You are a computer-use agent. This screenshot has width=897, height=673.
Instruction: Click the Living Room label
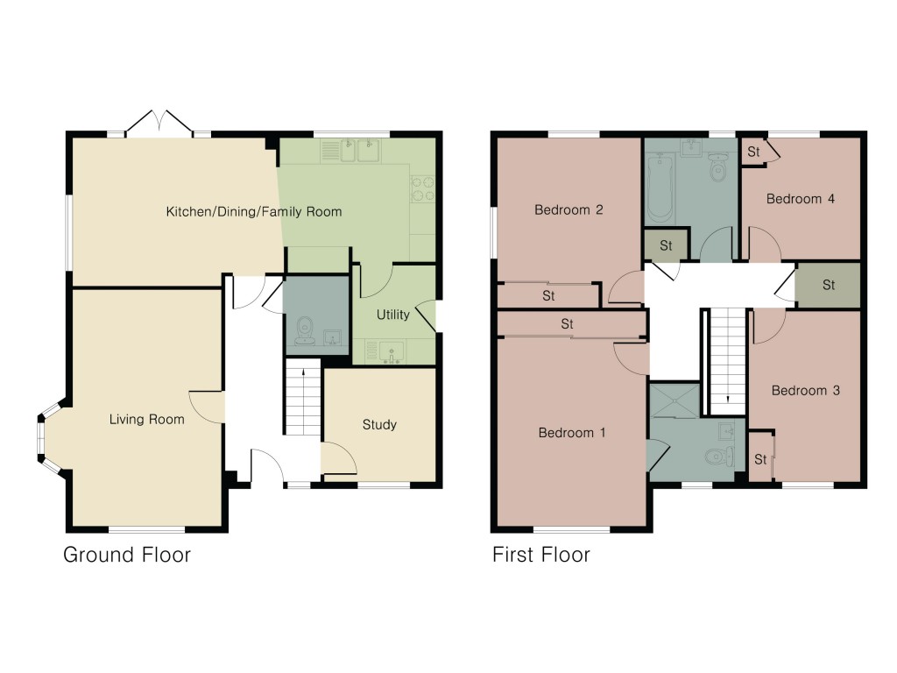146,420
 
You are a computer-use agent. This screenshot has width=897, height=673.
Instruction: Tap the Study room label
379,425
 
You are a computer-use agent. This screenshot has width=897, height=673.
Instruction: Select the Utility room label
392,315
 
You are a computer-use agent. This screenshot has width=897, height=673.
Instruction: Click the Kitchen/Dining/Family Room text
254,212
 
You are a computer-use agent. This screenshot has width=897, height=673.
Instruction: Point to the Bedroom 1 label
571,433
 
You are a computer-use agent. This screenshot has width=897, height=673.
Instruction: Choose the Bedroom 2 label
569,210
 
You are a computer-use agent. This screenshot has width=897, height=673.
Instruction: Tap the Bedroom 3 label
805,390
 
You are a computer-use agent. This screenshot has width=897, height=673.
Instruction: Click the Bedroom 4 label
800,199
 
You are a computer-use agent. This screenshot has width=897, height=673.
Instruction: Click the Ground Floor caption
127,555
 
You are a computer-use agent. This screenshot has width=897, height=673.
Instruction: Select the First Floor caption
540,555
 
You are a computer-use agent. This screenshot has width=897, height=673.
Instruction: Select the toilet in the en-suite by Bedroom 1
717,456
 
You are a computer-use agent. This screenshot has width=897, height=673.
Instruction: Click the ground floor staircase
303,400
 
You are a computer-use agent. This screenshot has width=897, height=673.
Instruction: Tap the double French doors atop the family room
159,124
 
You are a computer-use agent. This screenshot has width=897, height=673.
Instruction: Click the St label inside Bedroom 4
753,152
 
